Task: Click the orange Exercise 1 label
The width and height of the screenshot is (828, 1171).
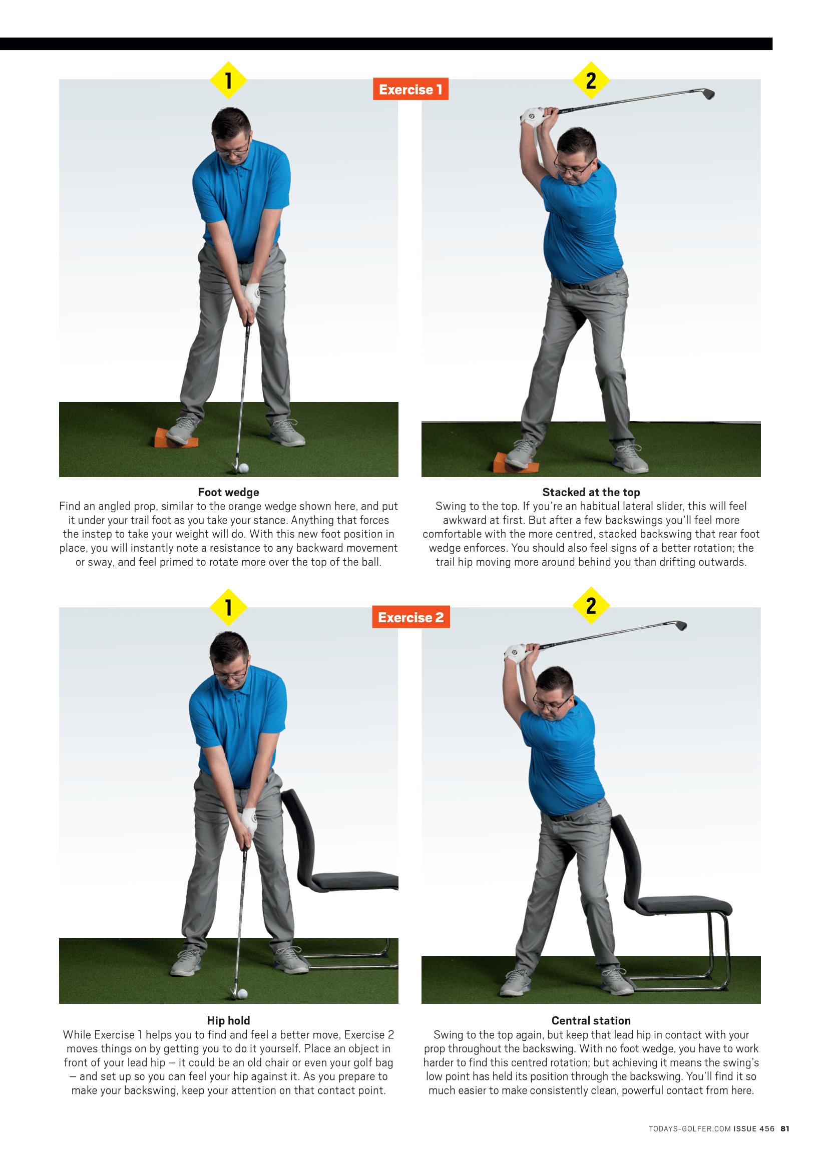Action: coord(410,89)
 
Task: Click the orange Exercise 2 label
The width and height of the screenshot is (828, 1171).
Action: coord(411,617)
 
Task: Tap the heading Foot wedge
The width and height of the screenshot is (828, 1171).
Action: coord(228,492)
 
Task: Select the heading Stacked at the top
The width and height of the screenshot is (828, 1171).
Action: coord(591,492)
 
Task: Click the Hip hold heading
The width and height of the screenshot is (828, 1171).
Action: coord(228,1020)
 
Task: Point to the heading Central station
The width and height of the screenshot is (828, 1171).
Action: coord(591,1020)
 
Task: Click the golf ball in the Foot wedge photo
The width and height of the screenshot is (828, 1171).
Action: coord(244,468)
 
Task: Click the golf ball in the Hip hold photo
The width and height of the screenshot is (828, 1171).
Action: coord(243,993)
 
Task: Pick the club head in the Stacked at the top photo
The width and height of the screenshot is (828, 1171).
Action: coord(708,94)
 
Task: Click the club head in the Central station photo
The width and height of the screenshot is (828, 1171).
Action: coord(681,625)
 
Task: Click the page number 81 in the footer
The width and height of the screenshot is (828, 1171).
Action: coord(785,1128)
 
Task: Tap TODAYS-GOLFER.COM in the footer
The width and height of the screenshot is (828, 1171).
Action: coord(690,1128)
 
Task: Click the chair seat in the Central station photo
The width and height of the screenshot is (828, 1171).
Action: coord(685,905)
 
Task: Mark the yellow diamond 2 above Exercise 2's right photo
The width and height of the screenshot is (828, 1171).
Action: coord(591,605)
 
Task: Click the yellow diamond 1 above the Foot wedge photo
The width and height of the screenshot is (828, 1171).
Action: coord(228,80)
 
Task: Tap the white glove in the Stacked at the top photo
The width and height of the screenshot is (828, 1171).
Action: coord(533,117)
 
